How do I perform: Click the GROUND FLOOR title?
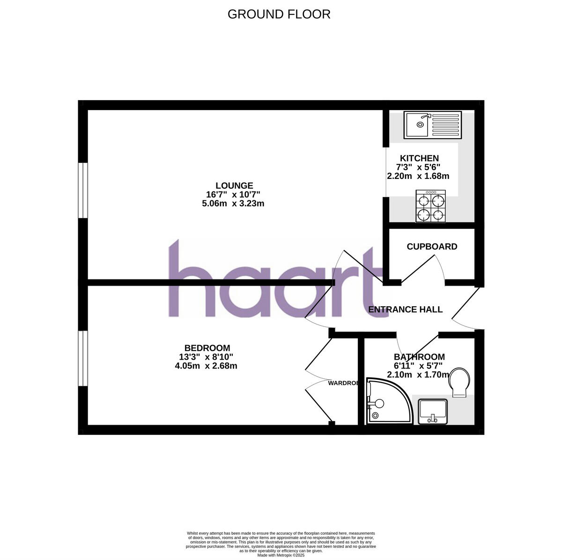279,15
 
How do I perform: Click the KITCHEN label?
419,158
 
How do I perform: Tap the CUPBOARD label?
432,247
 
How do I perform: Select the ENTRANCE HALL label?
405,309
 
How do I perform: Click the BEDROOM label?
207,348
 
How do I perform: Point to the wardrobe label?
343,383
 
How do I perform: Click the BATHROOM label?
419,357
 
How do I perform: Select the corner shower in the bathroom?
387,401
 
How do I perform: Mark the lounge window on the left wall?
83,190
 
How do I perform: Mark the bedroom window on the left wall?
83,359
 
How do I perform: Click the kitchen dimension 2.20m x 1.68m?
418,177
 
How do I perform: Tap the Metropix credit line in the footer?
281,555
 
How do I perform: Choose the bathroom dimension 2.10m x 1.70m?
418,375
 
